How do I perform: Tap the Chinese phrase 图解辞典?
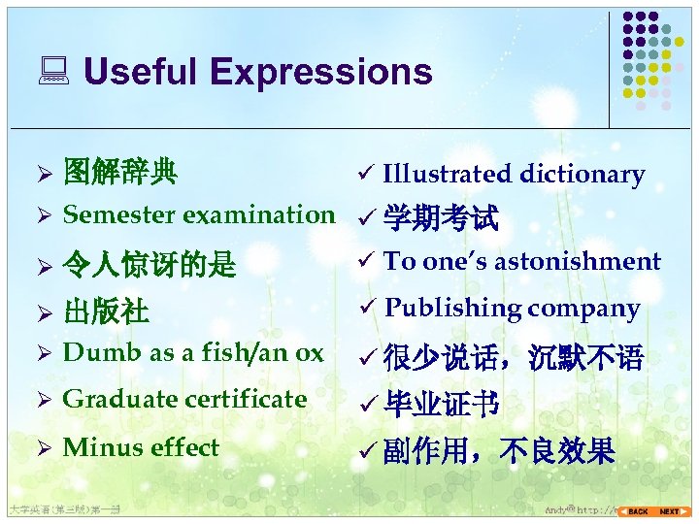click(119, 173)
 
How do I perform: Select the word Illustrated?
click(447, 174)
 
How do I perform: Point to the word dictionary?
click(582, 174)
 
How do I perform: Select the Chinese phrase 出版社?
click(106, 311)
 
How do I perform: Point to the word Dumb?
click(89, 353)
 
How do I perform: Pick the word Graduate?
click(110, 399)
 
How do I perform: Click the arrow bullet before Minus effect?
click(43, 448)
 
